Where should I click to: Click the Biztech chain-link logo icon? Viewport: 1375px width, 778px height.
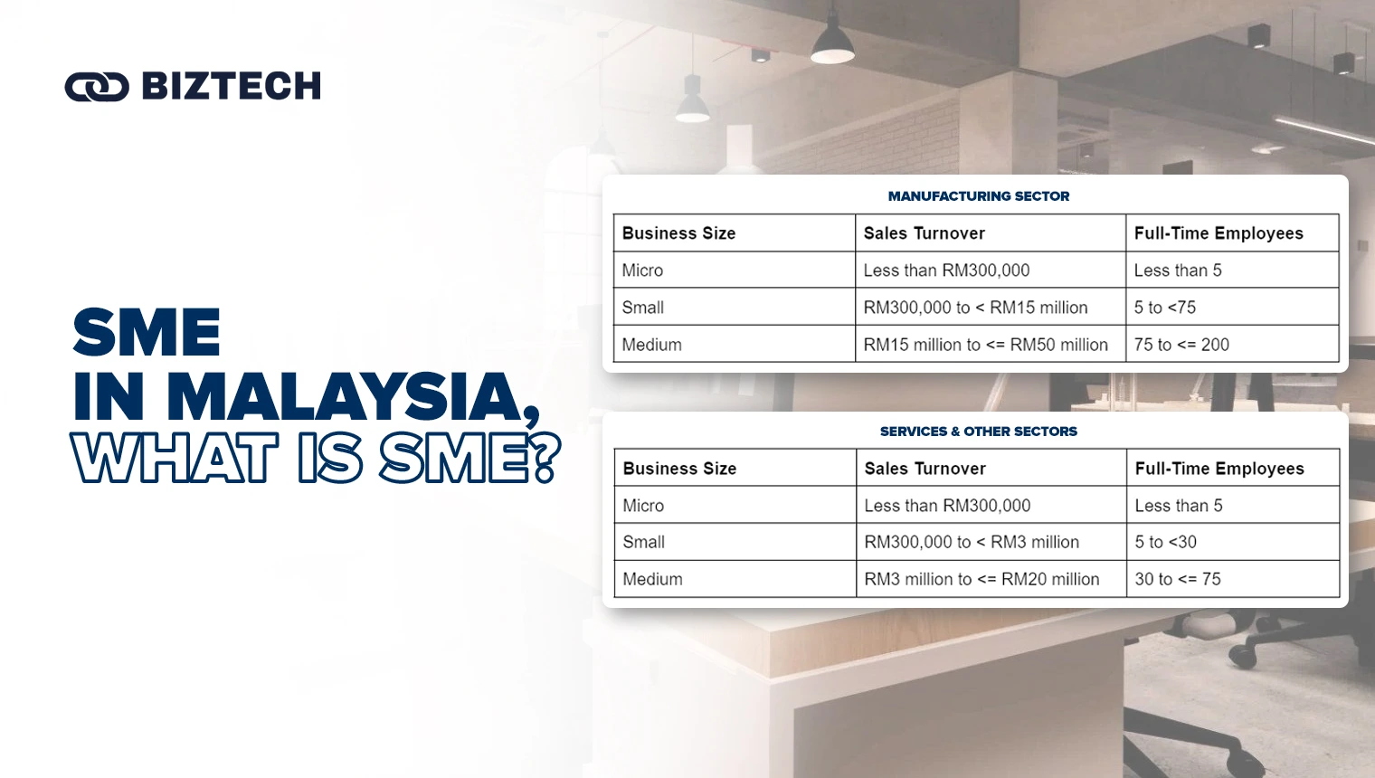97,87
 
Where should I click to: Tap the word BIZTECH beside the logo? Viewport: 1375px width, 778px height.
232,87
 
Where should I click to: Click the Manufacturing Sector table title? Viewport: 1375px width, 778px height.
978,196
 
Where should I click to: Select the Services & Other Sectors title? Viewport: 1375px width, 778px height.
978,432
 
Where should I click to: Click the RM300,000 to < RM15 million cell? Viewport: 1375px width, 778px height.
975,308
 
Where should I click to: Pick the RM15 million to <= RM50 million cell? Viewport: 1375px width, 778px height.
985,345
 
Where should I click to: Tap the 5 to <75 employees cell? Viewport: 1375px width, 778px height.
1165,308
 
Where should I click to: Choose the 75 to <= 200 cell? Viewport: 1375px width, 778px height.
1181,345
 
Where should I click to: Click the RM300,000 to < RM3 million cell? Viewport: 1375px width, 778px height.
972,542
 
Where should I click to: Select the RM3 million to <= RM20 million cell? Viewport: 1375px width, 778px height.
981,579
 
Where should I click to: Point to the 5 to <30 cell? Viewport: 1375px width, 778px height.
1165,542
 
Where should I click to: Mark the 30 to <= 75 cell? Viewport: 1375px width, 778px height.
1178,579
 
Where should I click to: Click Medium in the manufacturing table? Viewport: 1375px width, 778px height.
652,345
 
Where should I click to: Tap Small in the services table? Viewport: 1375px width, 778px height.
644,542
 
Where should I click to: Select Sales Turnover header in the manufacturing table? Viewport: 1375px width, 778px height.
924,233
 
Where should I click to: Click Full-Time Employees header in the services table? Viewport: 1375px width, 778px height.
1219,469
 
